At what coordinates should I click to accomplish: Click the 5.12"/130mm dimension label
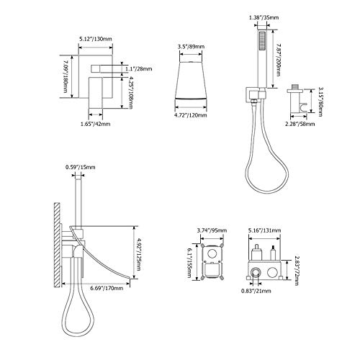(96, 39)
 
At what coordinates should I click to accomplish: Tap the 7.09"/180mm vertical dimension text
(65, 77)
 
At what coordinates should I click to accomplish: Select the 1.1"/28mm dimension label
(139, 69)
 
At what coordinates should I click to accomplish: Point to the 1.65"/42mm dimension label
(95, 124)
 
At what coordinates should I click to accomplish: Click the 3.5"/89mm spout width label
(191, 47)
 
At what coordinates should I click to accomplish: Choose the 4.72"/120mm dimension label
(191, 115)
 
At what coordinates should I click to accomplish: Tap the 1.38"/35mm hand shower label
(264, 17)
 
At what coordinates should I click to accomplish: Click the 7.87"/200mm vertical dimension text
(277, 60)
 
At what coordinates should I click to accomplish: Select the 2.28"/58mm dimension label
(300, 124)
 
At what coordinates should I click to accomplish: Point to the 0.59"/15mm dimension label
(81, 167)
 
